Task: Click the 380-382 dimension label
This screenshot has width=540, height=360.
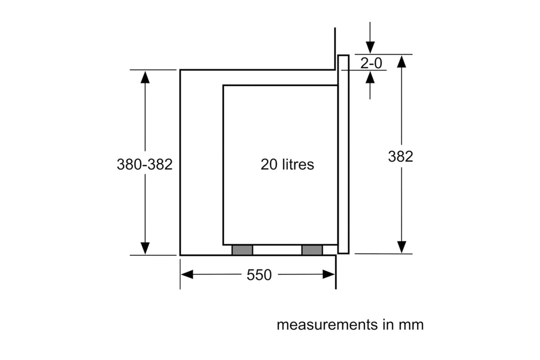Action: [145, 164]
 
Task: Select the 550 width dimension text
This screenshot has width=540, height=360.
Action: [259, 275]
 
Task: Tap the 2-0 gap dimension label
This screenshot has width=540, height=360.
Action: [371, 63]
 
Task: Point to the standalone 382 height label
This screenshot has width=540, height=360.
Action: [400, 156]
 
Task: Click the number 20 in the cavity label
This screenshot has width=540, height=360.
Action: [269, 165]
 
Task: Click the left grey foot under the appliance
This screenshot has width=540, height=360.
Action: [242, 250]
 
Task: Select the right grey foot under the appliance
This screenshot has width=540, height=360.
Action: [312, 250]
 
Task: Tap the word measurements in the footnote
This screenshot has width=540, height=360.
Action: [327, 325]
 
